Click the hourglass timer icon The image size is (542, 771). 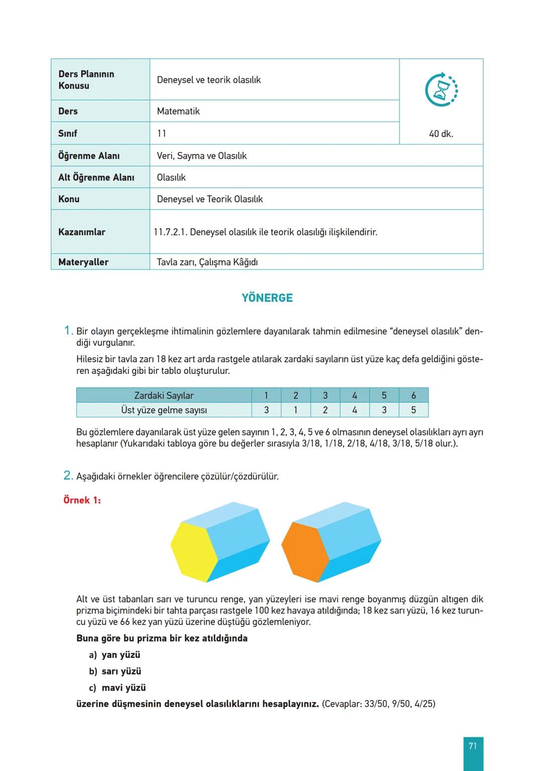[x=441, y=90]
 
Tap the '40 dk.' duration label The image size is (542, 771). [x=441, y=134]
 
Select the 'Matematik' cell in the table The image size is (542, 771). [x=178, y=112]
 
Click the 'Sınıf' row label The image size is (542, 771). [x=68, y=134]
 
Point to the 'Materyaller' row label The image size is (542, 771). [x=83, y=262]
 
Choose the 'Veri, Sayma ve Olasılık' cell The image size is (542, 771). [x=202, y=156]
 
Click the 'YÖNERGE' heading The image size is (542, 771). [x=267, y=298]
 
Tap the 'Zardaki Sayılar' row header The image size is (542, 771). [x=164, y=395]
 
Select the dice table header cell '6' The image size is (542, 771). [x=414, y=395]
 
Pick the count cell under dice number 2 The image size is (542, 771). [x=296, y=410]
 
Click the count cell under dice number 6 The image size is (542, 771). [x=414, y=410]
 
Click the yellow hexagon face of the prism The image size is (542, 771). [x=194, y=552]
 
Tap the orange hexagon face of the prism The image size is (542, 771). [x=305, y=552]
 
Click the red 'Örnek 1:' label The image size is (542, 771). [x=82, y=500]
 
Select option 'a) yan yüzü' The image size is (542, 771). [x=115, y=655]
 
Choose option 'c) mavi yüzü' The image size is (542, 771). [x=117, y=688]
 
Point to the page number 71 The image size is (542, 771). [x=473, y=746]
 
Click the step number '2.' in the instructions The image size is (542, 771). [x=68, y=476]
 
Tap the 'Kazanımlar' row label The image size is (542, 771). [x=82, y=232]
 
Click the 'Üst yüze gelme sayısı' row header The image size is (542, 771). [x=164, y=410]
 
